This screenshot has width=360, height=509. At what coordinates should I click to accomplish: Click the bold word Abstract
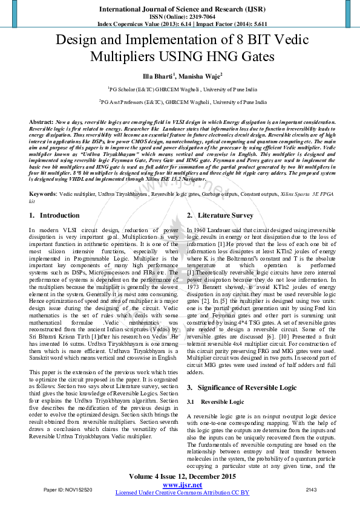(41, 122)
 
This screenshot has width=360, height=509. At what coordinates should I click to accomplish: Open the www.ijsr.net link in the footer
(182, 485)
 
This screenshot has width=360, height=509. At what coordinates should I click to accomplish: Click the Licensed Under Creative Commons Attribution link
(182, 493)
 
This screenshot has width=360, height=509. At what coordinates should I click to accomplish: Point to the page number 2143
(312, 489)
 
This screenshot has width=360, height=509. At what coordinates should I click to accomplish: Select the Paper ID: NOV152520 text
(68, 489)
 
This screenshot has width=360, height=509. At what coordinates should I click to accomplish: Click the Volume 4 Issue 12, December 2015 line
(182, 476)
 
